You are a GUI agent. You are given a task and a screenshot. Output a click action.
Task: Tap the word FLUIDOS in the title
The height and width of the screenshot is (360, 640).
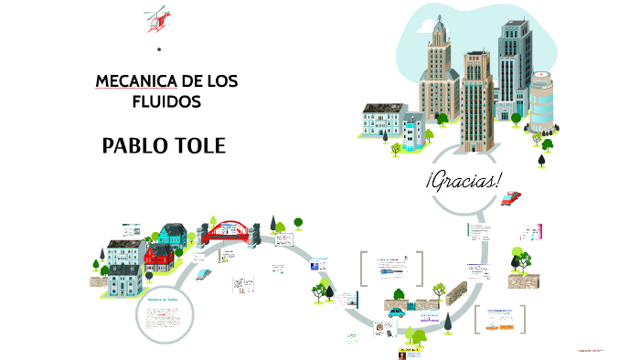tap(166, 101)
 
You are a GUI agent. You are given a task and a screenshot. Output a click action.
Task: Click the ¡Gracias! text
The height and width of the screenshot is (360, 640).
tap(464, 179)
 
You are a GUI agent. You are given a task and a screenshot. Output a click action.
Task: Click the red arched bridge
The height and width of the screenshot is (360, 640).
tap(229, 229)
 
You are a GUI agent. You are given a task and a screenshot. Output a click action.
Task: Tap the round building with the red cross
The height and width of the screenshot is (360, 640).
tap(542, 103)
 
